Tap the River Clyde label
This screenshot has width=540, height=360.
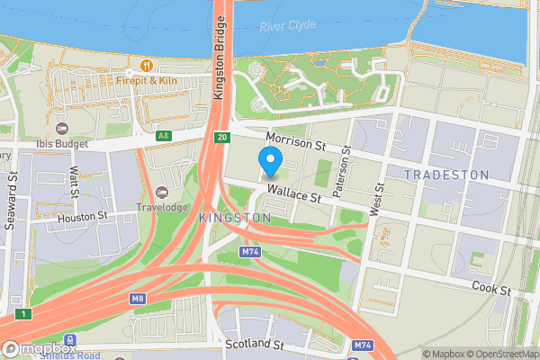click(287, 25)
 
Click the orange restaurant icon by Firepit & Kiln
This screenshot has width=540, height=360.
click(145, 65)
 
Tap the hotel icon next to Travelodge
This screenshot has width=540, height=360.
click(162, 193)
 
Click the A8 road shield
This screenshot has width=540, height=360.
click(163, 136)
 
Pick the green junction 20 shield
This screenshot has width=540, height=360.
click(221, 137)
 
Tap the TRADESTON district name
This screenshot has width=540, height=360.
click(446, 175)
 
